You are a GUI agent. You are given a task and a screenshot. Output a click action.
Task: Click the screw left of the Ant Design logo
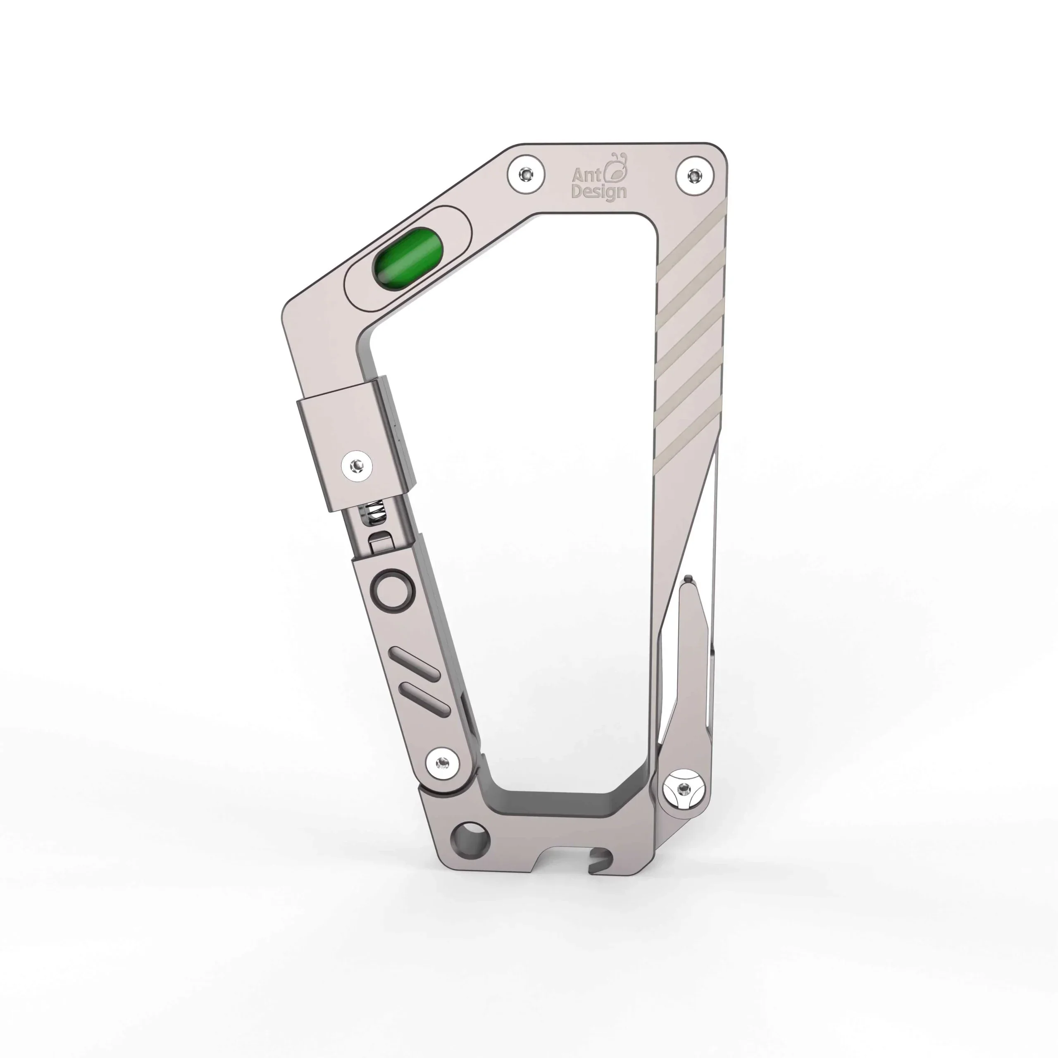pyautogui.click(x=526, y=174)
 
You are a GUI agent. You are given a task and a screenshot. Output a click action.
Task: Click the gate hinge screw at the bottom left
pyautogui.click(x=442, y=762)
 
